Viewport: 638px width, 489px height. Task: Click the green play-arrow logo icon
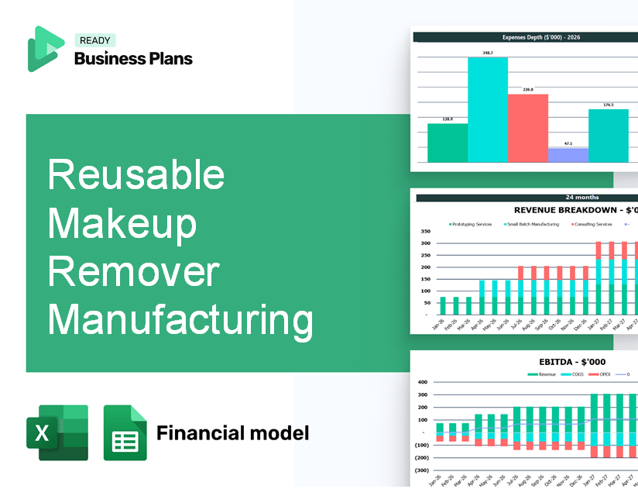46,49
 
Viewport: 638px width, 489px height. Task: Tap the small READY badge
94,41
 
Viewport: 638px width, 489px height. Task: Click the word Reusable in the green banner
136,175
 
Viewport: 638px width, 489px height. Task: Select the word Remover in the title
134,273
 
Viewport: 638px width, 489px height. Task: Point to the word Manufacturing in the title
180,319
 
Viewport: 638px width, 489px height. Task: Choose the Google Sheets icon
125,432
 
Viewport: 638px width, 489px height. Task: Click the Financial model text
232,432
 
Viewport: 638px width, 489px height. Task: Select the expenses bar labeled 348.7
488,109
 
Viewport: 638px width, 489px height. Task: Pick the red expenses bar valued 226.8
528,128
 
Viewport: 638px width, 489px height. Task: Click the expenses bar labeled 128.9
448,143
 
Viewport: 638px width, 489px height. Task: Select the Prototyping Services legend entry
471,225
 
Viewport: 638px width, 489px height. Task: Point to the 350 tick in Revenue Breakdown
425,232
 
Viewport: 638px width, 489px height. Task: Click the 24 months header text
581,198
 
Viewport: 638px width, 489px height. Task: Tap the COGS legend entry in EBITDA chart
575,374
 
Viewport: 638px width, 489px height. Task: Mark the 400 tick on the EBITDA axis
423,382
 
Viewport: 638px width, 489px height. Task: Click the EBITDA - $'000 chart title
573,362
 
